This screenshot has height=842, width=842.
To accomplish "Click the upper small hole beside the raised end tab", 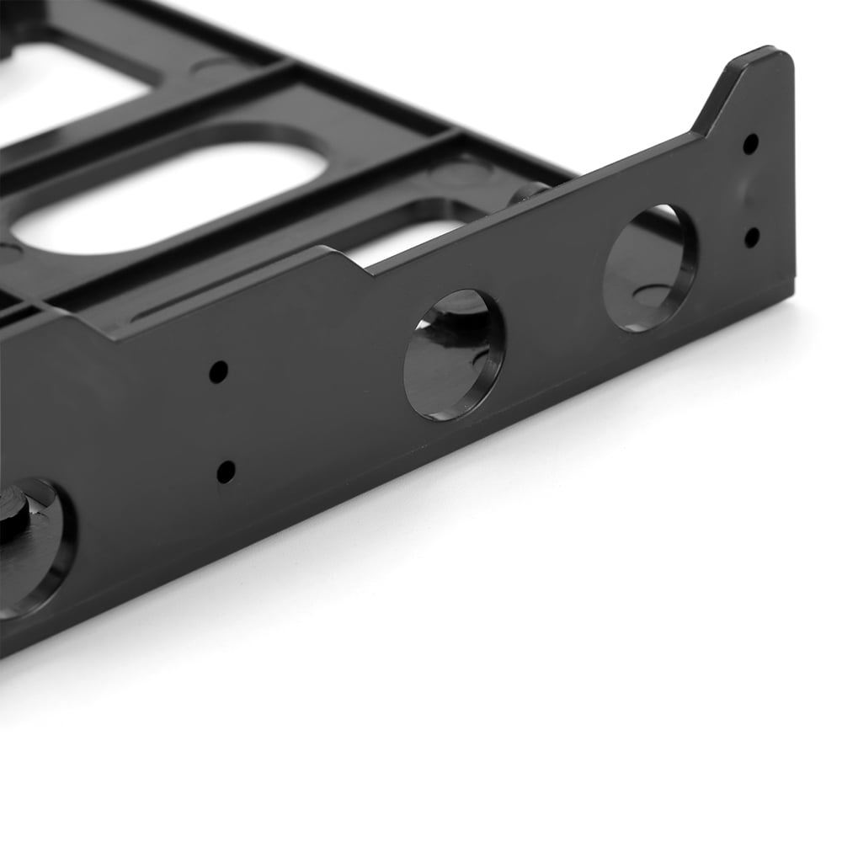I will click(x=749, y=143).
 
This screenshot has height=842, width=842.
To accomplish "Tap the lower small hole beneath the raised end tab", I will click(x=751, y=237).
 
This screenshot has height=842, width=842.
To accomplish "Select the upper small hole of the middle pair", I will click(x=218, y=371).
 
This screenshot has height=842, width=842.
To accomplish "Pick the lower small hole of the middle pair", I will click(x=226, y=471).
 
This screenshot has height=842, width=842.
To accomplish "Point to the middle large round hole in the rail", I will click(x=454, y=354).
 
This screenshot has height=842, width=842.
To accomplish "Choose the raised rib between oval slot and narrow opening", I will click(x=337, y=210).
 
